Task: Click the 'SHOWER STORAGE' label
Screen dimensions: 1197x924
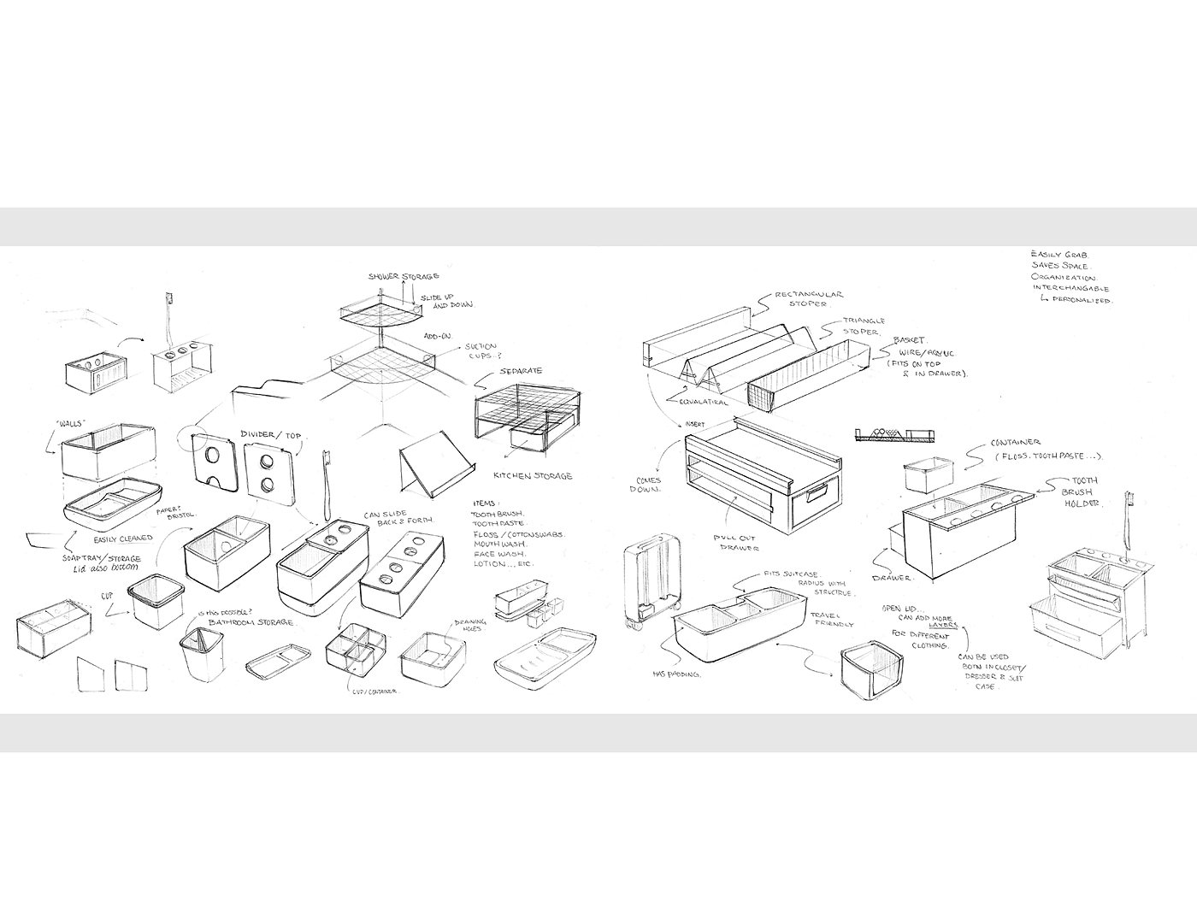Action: click(x=404, y=277)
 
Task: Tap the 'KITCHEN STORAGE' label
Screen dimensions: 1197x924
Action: click(x=533, y=475)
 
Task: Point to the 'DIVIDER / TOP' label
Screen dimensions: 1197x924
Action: click(x=270, y=435)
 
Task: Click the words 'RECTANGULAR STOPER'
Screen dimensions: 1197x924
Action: click(x=808, y=299)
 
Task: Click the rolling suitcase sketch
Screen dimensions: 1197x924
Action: click(x=651, y=586)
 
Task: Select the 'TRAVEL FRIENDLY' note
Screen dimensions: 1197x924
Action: click(x=832, y=620)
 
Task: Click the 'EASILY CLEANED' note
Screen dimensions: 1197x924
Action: click(x=124, y=539)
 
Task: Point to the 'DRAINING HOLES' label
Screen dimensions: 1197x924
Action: click(x=469, y=625)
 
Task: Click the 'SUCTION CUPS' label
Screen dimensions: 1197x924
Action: click(x=481, y=350)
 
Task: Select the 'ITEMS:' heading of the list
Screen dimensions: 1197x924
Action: click(x=486, y=503)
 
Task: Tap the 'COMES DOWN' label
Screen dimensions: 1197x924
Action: click(x=647, y=486)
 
